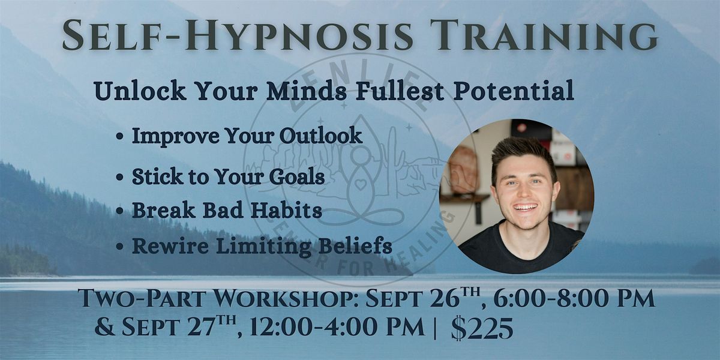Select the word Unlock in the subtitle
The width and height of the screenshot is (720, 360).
[x=140, y=91]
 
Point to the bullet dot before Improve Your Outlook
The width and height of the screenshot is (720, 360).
[x=120, y=136]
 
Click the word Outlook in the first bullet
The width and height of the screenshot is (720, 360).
[x=321, y=136]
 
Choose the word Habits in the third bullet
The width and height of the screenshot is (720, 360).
[x=286, y=210]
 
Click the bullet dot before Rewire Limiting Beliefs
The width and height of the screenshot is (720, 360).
[x=120, y=247]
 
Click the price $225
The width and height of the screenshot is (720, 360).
[x=482, y=328]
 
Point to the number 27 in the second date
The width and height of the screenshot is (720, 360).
[x=197, y=327]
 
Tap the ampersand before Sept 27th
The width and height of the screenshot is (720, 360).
[x=104, y=327]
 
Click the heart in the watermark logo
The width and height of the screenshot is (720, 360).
[x=361, y=185]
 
